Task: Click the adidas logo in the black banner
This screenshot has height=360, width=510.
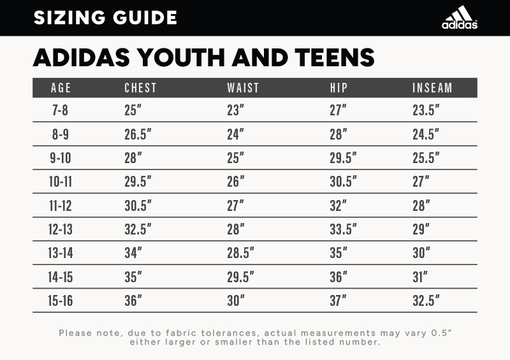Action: point(459,17)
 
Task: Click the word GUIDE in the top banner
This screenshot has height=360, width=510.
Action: point(145,18)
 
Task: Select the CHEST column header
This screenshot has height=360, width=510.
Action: point(140,88)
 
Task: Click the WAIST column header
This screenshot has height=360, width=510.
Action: point(243,88)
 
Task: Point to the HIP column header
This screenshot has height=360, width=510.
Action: point(339,88)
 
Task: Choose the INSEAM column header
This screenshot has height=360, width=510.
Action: point(432,88)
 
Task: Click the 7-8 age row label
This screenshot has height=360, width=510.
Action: point(60,110)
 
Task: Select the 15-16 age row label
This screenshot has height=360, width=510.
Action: point(60,301)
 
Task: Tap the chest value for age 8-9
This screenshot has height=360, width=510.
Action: point(138,134)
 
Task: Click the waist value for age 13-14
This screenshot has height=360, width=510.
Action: point(240,253)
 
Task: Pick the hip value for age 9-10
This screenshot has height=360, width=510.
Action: point(343,158)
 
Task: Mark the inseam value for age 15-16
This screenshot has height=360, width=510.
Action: point(426,301)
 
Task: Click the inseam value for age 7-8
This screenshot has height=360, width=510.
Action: point(426,110)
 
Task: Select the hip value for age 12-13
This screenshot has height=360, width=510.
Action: point(343,229)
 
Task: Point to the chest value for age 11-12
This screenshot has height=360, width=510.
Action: point(138,206)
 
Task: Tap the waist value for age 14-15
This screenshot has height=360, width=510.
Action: point(240,277)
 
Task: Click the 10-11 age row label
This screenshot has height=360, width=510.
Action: point(60,182)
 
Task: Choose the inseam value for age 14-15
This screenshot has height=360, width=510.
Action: point(420,277)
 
